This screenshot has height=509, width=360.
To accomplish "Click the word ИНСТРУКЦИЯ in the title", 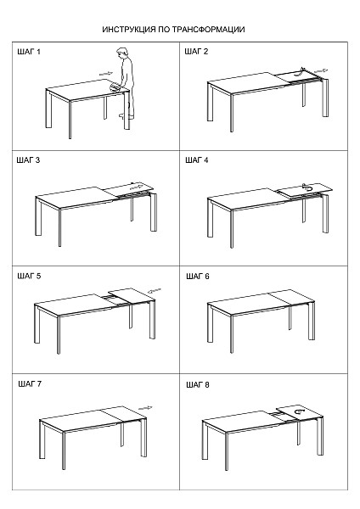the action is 129,30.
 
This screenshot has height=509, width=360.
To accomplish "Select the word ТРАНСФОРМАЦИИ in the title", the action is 208,30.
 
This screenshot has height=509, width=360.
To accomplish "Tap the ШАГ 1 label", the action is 29,52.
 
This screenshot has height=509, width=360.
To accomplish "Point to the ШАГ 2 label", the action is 196,51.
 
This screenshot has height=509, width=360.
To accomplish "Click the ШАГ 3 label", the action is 28,160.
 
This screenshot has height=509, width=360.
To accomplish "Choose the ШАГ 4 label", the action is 197,160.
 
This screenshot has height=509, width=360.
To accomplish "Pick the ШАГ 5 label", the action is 29,277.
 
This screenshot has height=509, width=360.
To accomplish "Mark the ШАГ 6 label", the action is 198,277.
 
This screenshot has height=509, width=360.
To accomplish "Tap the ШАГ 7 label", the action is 30,384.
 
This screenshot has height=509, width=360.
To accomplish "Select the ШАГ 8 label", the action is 198,384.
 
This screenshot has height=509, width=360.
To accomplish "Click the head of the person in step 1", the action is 122,53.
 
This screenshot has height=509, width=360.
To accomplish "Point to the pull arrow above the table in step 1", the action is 106,74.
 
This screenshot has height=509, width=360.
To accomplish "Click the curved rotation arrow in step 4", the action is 307,187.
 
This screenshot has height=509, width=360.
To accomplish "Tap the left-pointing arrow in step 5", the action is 155,290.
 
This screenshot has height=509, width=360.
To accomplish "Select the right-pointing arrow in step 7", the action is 145,408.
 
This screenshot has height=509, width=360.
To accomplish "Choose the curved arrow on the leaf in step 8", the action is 299,411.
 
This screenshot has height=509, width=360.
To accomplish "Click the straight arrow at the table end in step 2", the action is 321,70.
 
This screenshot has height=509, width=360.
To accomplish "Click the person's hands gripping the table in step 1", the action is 115,87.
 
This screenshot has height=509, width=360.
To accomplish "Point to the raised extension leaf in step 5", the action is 131,295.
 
